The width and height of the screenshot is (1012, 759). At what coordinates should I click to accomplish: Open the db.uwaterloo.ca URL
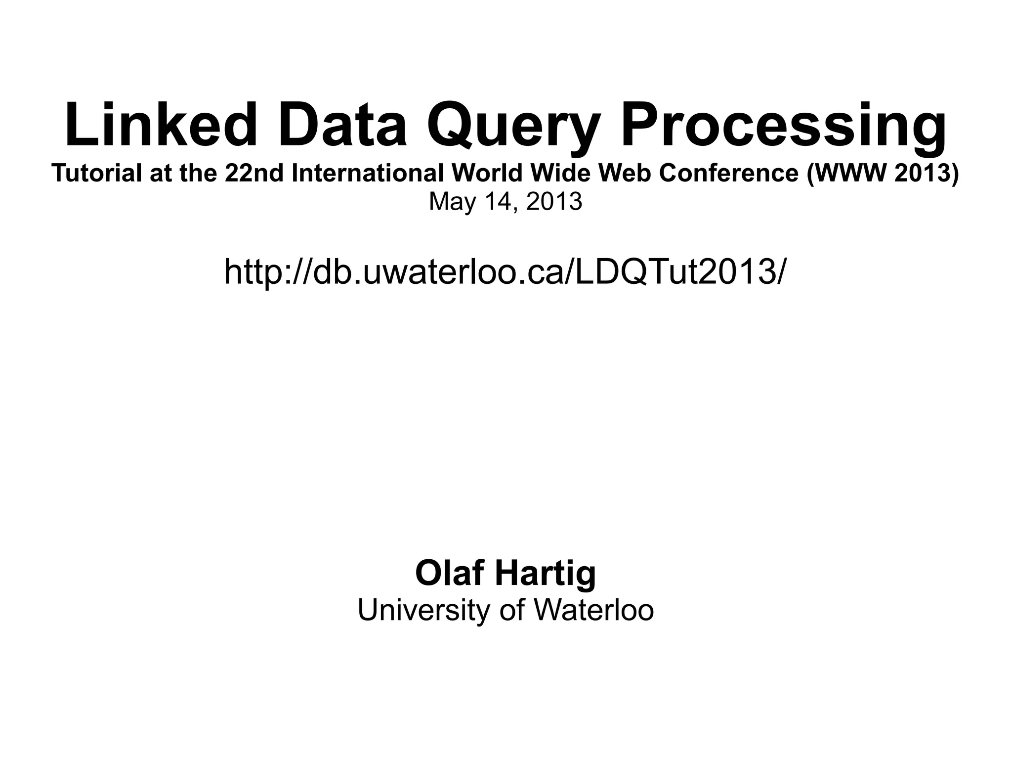[x=504, y=272]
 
